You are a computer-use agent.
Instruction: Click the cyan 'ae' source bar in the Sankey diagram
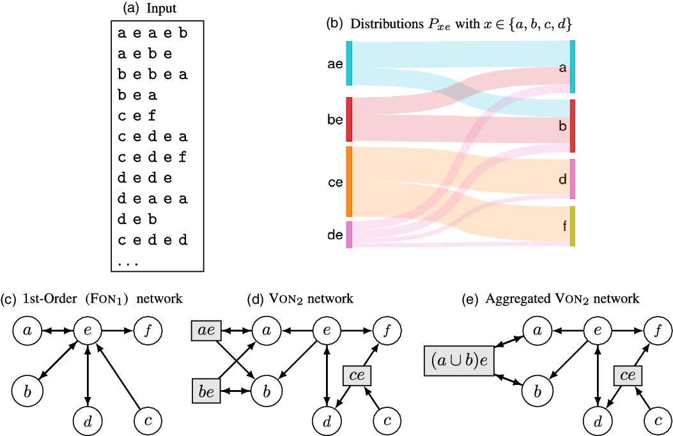[x=349, y=63]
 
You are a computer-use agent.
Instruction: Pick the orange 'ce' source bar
[x=349, y=182]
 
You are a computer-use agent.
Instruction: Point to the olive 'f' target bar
[x=573, y=226]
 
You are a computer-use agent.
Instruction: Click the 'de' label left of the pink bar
[x=335, y=235]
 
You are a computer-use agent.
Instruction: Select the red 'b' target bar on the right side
[x=573, y=126]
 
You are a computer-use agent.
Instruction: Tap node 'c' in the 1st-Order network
[x=147, y=419]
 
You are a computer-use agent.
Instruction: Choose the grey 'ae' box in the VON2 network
[x=206, y=331]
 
